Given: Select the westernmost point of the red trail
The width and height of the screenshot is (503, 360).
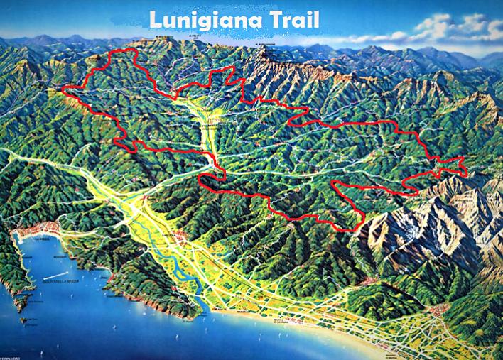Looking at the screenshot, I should pos(63,90).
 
